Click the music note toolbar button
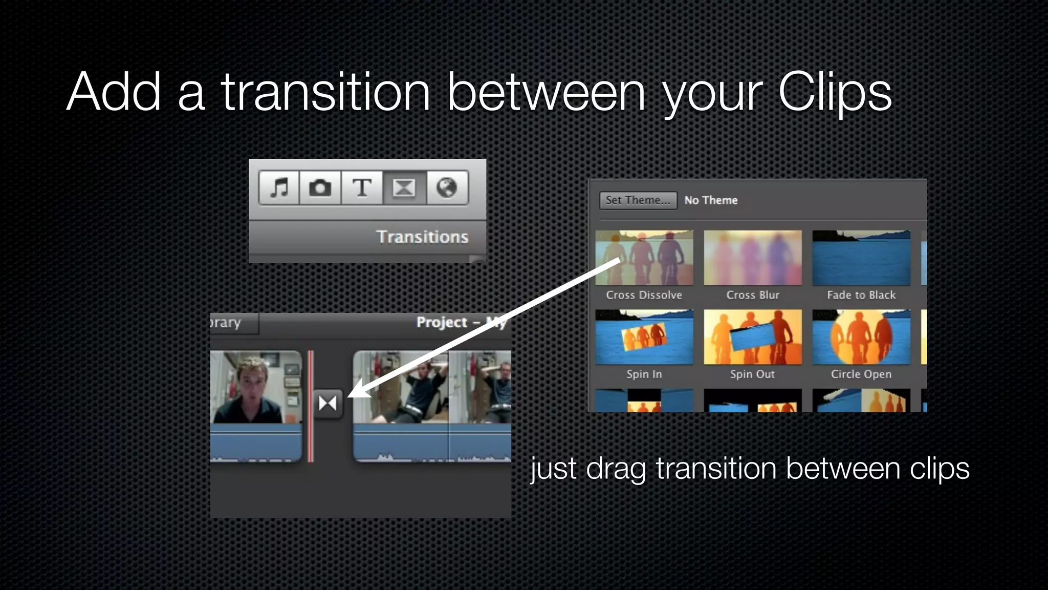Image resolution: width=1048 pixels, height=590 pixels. (279, 188)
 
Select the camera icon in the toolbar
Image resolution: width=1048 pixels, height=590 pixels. (320, 188)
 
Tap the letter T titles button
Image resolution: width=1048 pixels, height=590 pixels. (362, 188)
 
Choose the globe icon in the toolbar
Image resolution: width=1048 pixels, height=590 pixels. (447, 188)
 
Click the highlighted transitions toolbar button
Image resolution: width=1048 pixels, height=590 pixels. (404, 188)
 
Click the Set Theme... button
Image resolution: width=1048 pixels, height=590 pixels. (638, 200)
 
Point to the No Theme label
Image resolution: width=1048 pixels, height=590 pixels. (711, 200)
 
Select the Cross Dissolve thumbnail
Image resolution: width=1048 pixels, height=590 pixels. (644, 258)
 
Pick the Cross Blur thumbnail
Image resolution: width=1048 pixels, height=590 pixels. (753, 258)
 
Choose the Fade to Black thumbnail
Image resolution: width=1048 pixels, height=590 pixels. (861, 258)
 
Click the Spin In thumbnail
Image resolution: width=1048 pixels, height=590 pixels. (644, 336)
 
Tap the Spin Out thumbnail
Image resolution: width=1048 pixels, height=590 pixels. (753, 336)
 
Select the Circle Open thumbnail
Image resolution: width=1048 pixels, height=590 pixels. (861, 336)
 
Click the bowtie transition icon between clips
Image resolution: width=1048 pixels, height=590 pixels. (327, 404)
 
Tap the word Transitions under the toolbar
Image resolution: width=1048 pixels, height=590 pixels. (422, 237)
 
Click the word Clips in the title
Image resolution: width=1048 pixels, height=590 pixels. (835, 92)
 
